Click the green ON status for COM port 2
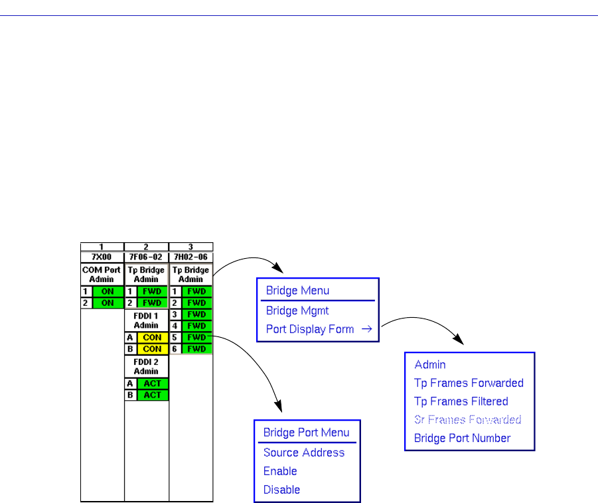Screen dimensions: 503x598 [x=108, y=303]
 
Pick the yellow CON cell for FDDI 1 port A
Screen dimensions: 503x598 [x=153, y=337]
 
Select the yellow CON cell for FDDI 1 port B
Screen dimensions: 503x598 [x=153, y=348]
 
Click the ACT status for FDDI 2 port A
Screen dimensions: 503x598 [x=153, y=384]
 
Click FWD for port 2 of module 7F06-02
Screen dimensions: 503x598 [x=153, y=303]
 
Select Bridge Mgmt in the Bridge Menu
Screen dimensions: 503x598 [x=297, y=310]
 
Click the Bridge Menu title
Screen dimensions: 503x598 [x=297, y=290]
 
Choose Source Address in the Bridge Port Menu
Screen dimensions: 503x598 [x=304, y=453]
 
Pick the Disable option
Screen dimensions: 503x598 [x=281, y=490]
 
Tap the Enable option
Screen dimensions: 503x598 [x=280, y=471]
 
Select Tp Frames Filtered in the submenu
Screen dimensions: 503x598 [x=461, y=401]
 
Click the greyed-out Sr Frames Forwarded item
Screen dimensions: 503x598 [x=467, y=419]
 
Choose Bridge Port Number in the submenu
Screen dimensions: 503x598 [x=462, y=438]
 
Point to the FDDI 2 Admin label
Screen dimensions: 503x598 [x=147, y=366]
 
